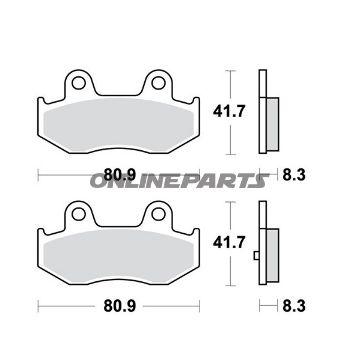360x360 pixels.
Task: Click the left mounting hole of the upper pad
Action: [78, 83]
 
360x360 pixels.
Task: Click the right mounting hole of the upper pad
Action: [158, 83]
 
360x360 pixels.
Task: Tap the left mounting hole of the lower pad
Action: [78, 214]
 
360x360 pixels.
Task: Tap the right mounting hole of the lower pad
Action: [158, 214]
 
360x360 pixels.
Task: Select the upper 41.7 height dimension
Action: [229, 112]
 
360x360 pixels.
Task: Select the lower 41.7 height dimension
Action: [229, 242]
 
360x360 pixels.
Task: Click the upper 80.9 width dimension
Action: [120, 174]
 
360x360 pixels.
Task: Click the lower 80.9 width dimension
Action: [120, 306]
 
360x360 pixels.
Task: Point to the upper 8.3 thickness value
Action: [294, 175]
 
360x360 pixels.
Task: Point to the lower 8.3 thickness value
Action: [294, 306]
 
